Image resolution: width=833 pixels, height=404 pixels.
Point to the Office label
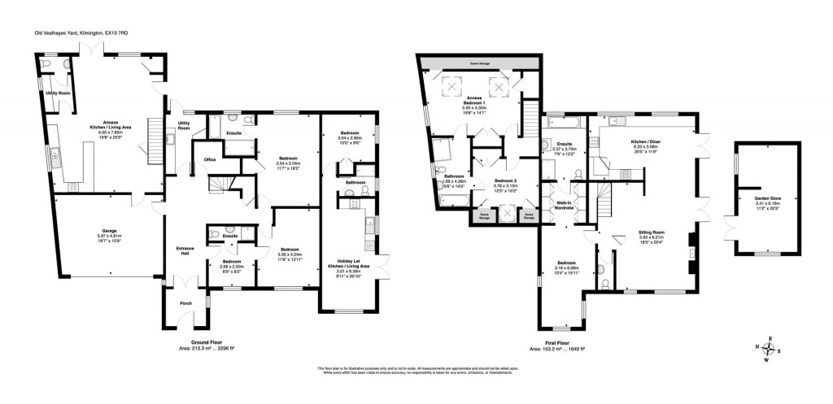click(209, 159)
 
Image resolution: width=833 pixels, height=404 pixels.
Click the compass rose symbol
click(770, 349)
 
